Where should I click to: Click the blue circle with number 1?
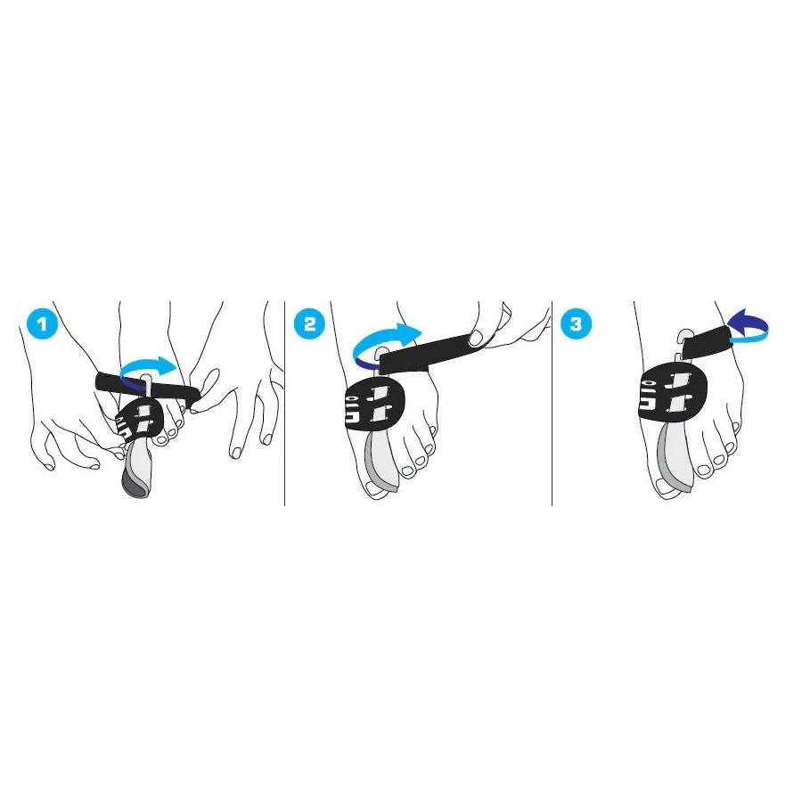[43, 323]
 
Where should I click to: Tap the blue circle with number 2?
[310, 323]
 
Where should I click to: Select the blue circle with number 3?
[577, 323]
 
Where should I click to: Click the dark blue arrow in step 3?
[748, 325]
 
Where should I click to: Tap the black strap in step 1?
[148, 389]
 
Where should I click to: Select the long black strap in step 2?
[430, 354]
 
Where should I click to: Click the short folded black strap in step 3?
[708, 341]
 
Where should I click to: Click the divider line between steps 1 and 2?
[284, 404]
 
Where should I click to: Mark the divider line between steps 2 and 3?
[552, 404]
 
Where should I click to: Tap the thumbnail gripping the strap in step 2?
[476, 338]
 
